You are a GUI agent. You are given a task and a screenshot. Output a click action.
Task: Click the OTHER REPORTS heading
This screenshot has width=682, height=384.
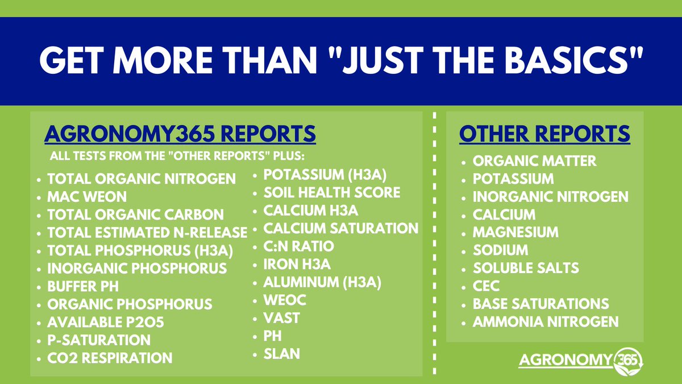pos(544,134)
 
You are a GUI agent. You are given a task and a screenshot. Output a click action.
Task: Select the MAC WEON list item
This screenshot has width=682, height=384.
pos(88,197)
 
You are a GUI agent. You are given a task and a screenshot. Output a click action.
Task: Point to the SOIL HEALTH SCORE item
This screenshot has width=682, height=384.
pos(332,193)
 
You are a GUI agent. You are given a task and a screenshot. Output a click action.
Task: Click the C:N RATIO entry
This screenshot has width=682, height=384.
pos(298,246)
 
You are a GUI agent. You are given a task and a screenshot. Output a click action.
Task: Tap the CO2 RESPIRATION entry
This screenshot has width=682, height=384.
pos(110,358)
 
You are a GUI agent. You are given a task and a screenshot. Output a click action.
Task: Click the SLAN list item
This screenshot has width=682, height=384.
pos(281,354)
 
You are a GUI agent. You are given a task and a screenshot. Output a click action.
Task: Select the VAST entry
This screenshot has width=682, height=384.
pos(281,318)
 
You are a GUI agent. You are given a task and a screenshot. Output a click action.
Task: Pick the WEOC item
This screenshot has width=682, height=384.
pos(285,300)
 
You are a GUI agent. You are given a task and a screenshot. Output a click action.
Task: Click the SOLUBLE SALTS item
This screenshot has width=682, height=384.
pos(526,268)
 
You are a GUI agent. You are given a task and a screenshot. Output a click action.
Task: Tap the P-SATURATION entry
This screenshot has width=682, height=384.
pos(99,340)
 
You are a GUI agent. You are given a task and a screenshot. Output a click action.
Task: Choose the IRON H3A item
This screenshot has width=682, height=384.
pos(297,264)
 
